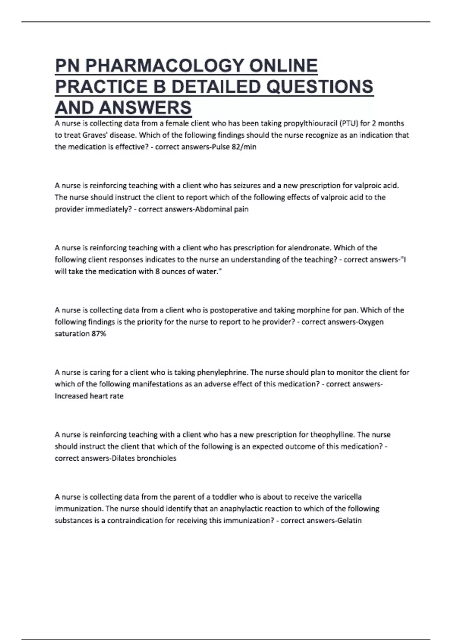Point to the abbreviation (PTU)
[x=349, y=123]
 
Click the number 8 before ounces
[x=157, y=271]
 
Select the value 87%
[x=99, y=334]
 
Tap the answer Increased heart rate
[x=89, y=396]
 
